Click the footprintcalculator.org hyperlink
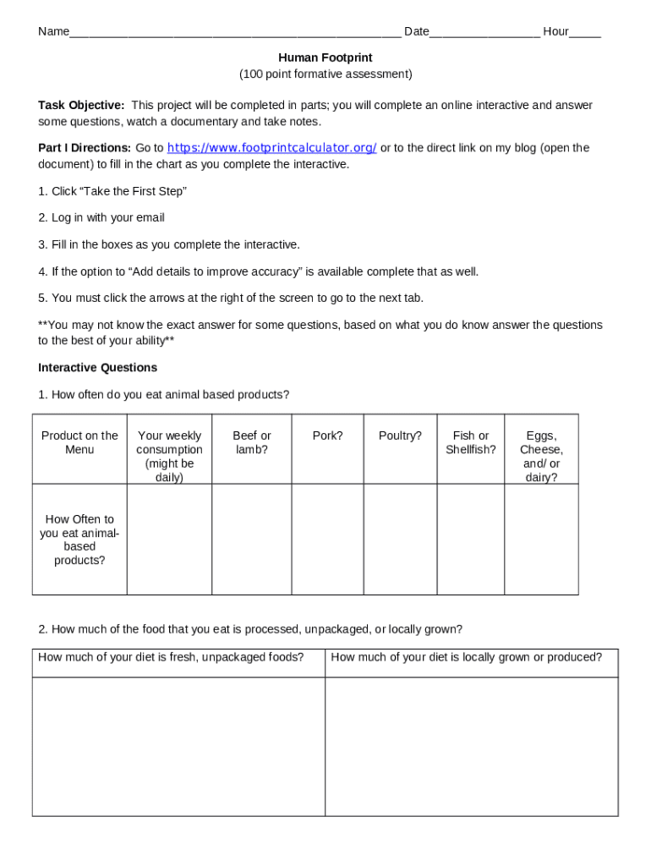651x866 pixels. [271, 148]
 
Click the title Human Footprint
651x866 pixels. [325, 58]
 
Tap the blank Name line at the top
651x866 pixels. [235, 33]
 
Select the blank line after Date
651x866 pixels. [484, 33]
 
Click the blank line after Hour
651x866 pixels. [585, 33]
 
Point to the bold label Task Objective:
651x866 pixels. [81, 105]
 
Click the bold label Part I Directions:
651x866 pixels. [85, 148]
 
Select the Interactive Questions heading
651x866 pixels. [97, 368]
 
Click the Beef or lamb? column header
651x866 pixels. [252, 442]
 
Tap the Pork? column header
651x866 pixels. [327, 436]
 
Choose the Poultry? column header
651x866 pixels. [400, 436]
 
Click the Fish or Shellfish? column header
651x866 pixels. [471, 442]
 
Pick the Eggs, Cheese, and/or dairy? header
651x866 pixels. [541, 456]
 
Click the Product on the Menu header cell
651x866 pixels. [79, 442]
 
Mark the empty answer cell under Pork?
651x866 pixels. [327, 539]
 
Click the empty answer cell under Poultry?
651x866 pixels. [400, 539]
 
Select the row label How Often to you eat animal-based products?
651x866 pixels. [79, 539]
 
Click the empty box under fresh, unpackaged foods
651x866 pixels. [178, 746]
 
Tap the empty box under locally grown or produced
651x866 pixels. [471, 746]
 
